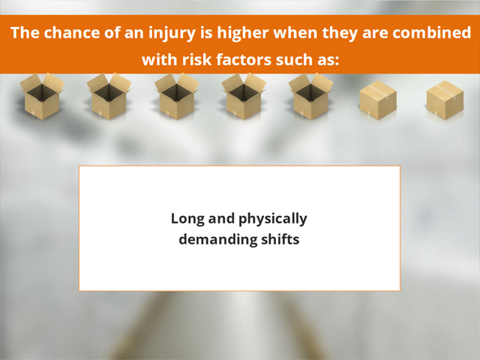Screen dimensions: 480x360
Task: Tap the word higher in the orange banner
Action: pyautogui.click(x=243, y=32)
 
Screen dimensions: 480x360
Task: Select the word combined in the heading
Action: pyautogui.click(x=432, y=32)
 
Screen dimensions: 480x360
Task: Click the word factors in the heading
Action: pyautogui.click(x=244, y=59)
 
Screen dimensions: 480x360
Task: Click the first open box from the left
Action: pyautogui.click(x=42, y=96)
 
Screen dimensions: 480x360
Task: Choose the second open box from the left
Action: pyautogui.click(x=109, y=96)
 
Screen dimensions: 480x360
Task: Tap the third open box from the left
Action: pyautogui.click(x=177, y=96)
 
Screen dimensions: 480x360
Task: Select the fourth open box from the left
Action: pyautogui.click(x=244, y=96)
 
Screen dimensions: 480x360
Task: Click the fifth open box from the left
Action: pyautogui.click(x=310, y=96)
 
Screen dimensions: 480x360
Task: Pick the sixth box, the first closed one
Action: pyautogui.click(x=378, y=100)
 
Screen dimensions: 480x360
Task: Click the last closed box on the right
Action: pyautogui.click(x=445, y=100)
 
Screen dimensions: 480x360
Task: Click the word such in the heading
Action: pyautogui.click(x=292, y=59)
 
